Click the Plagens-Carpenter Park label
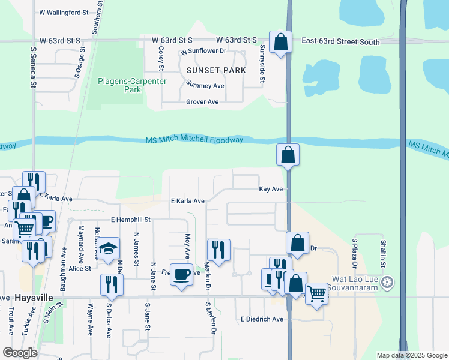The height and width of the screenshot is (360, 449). point(120,85)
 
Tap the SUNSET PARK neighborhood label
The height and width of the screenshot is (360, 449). point(216,70)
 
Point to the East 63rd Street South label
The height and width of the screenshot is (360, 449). point(340,42)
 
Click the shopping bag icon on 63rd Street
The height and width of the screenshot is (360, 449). point(280,42)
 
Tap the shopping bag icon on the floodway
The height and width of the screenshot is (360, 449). point(288,155)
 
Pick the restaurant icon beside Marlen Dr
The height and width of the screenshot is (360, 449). point(218,250)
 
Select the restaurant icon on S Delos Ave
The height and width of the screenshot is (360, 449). point(111,284)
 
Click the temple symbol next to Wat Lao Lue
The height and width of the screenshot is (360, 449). point(388,281)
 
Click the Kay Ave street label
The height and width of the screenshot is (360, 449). point(270,189)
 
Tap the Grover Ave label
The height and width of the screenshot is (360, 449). point(202,102)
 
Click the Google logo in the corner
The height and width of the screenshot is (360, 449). point(20,353)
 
